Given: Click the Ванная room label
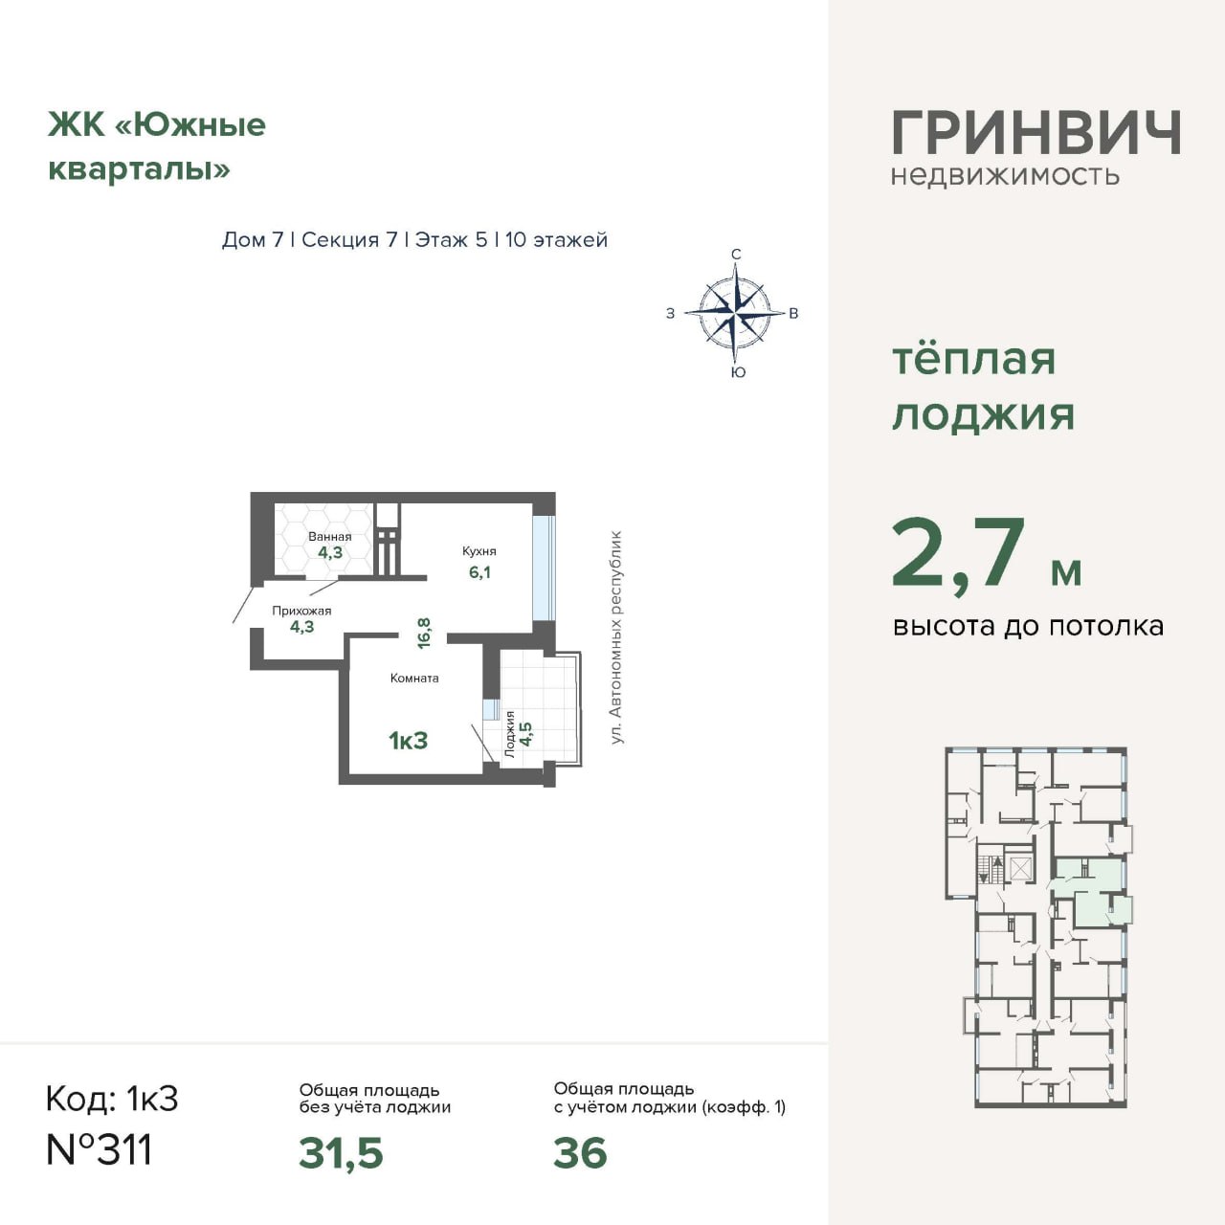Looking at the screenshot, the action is (329, 537).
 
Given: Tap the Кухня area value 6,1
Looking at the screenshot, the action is (480, 572).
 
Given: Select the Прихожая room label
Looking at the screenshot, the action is (302, 611).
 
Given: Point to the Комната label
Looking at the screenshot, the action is (414, 679).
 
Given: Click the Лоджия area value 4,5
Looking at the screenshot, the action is (525, 734).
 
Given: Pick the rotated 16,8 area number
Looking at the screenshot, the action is (424, 634).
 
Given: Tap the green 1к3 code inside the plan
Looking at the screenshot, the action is (408, 741).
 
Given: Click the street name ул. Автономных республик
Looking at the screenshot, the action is (615, 637).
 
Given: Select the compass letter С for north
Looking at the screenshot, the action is (736, 255).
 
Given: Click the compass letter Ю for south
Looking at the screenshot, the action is (738, 372).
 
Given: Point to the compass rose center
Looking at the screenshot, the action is (736, 313).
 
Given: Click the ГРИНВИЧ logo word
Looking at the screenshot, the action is (1036, 133).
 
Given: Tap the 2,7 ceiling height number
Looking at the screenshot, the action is (959, 554).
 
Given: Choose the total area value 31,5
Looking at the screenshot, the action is (342, 1153).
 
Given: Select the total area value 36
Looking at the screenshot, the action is (580, 1153).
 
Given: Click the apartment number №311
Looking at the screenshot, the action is (100, 1150).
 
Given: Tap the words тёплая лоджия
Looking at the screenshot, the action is (984, 388).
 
